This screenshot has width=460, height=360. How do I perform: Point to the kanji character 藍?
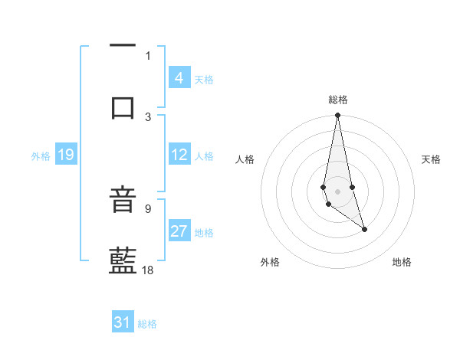(x=123, y=261)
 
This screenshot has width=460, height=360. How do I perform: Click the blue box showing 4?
(x=179, y=78)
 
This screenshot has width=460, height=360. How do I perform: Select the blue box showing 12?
(x=179, y=155)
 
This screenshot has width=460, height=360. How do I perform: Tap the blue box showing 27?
(x=179, y=231)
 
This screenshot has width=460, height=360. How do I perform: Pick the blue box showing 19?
(x=65, y=155)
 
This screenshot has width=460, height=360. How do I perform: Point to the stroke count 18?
(x=149, y=270)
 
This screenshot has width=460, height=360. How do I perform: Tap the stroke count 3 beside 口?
(x=148, y=116)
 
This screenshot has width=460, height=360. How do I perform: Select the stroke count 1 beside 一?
(x=148, y=55)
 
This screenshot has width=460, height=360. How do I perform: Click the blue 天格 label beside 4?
(x=204, y=79)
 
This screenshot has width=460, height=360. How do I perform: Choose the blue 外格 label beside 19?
(x=41, y=156)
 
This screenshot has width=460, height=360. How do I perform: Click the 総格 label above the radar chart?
(x=338, y=100)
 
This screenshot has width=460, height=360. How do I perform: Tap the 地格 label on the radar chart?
(x=402, y=262)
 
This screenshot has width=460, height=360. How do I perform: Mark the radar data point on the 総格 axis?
(x=337, y=116)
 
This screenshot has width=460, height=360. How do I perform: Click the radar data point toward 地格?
(x=364, y=229)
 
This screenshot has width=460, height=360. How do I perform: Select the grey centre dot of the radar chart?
(x=337, y=191)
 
